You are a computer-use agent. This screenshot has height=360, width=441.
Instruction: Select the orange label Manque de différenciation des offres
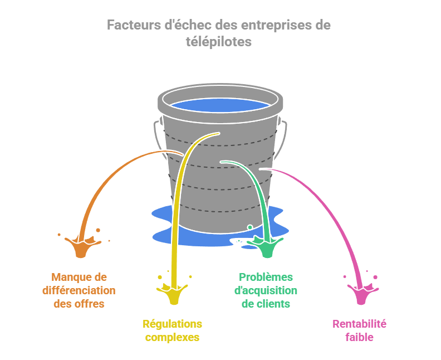(x=79, y=290)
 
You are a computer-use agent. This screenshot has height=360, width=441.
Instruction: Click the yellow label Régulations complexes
(x=172, y=330)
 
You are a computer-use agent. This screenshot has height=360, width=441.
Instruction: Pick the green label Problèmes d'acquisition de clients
(x=266, y=290)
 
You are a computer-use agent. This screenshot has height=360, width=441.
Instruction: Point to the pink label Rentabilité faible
(x=359, y=330)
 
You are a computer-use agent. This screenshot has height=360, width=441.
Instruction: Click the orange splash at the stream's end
(x=82, y=246)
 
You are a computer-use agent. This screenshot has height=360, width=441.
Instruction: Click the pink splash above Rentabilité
(x=361, y=293)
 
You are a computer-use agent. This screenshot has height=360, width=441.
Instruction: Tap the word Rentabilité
(x=359, y=324)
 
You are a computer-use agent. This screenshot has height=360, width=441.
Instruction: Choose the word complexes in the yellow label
(x=172, y=337)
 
